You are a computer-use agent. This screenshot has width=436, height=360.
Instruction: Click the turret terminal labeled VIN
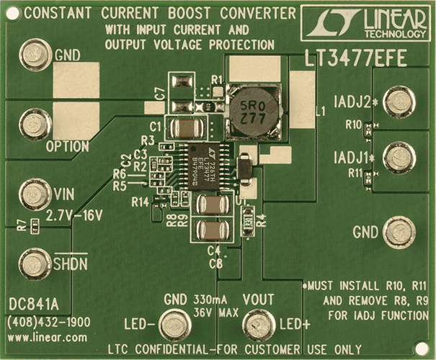click(x=33, y=194)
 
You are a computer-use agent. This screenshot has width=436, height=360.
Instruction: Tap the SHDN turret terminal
click(x=33, y=264)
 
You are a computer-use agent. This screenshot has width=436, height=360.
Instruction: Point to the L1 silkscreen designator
click(x=320, y=110)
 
